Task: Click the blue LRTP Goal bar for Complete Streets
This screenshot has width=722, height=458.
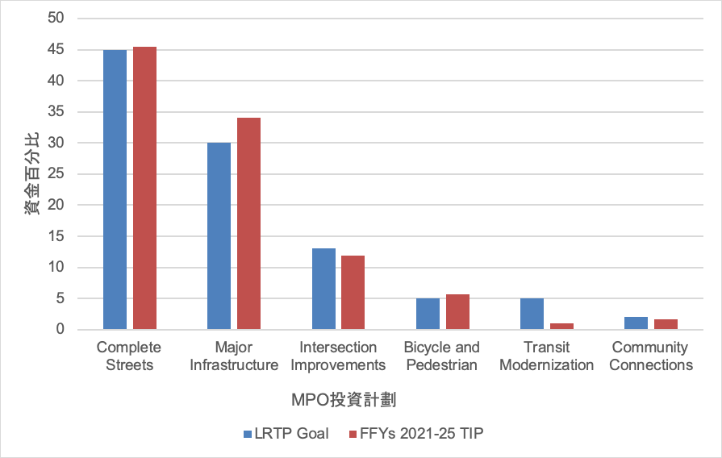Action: coord(115,189)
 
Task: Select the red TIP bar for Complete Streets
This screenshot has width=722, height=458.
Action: coord(144,188)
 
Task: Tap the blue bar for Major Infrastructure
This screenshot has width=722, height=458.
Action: coord(219,236)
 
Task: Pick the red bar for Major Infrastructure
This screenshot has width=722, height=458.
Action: coord(248,223)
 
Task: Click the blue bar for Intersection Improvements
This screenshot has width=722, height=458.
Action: coord(323,289)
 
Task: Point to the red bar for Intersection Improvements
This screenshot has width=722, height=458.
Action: coord(353,293)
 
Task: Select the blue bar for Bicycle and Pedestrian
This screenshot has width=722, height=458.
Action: coord(428,314)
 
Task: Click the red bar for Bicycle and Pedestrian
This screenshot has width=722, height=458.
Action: coord(457,312)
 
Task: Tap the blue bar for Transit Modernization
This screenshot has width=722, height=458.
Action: coord(532,314)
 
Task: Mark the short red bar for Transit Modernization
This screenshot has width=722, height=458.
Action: coord(561,326)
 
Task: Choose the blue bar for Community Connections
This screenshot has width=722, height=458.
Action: coord(636,323)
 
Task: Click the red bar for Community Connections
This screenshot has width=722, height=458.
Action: coord(666,324)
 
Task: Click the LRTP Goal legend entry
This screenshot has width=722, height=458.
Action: coord(286,434)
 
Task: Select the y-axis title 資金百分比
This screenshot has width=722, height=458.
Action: coord(31,174)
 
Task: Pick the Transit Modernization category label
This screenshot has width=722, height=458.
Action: coord(546,356)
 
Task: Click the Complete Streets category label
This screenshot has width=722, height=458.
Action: coord(128,356)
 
